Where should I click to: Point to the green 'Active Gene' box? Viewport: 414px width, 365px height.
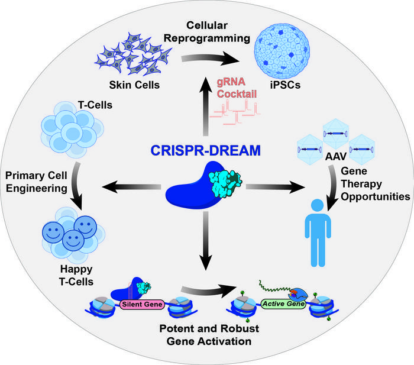283,305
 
